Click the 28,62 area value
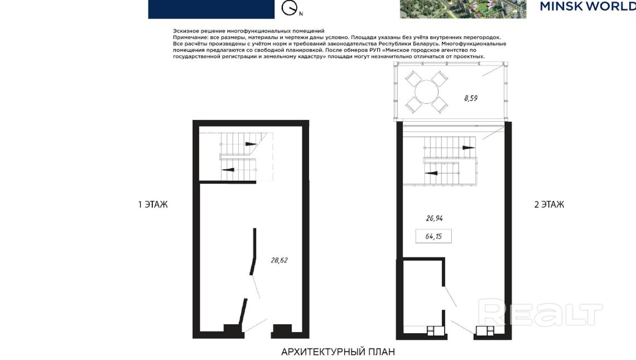click(279, 261)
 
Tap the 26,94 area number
click(434, 218)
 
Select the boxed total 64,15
click(433, 236)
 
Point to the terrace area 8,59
click(471, 98)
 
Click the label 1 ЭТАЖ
click(153, 204)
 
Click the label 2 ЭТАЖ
click(549, 204)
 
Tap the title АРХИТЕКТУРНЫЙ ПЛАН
click(338, 352)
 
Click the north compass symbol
click(290, 8)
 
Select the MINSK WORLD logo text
click(587, 6)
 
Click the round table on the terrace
click(427, 92)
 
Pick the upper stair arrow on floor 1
click(250, 143)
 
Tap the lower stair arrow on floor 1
click(228, 170)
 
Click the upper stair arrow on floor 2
click(469, 148)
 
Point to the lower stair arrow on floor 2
click(431, 174)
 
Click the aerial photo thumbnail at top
click(463, 9)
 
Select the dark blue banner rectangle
click(211, 9)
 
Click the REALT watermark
click(540, 312)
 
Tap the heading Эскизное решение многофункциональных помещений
click(249, 31)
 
